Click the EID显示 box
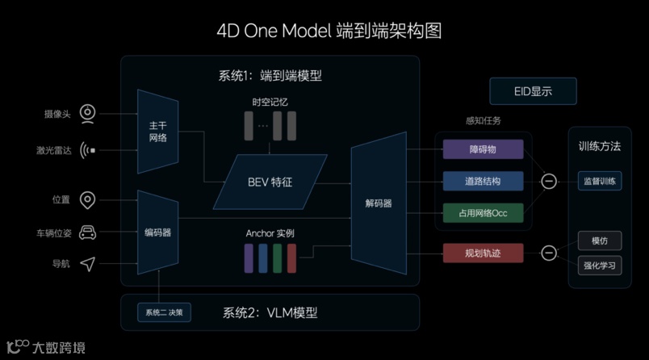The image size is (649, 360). click(533, 91)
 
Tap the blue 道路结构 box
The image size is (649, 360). click(484, 180)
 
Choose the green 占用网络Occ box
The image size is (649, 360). click(484, 212)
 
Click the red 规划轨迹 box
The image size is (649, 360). click(484, 253)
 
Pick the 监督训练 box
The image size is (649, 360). click(600, 181)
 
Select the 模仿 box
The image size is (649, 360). click(600, 241)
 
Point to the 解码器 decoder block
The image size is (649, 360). click(377, 203)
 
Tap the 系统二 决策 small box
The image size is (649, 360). click(164, 312)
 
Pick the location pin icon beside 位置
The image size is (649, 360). click(88, 200)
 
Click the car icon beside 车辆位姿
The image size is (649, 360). click(88, 233)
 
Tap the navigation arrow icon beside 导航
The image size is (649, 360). click(88, 264)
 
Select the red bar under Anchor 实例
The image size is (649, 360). click(291, 257)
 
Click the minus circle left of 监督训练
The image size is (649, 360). click(549, 181)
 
